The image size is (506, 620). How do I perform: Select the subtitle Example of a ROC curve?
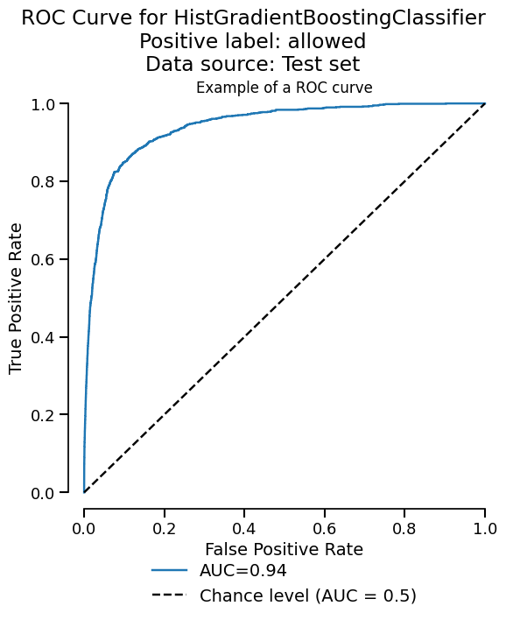pos(285,88)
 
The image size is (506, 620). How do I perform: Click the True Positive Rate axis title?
pos(17,299)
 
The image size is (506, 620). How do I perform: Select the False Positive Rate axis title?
pos(284,550)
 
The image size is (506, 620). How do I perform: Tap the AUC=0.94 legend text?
pos(243,571)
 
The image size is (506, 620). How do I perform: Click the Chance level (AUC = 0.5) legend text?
pos(308,596)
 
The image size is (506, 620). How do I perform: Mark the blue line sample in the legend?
pos(170,571)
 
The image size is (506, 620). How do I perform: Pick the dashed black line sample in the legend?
pos(170,596)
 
